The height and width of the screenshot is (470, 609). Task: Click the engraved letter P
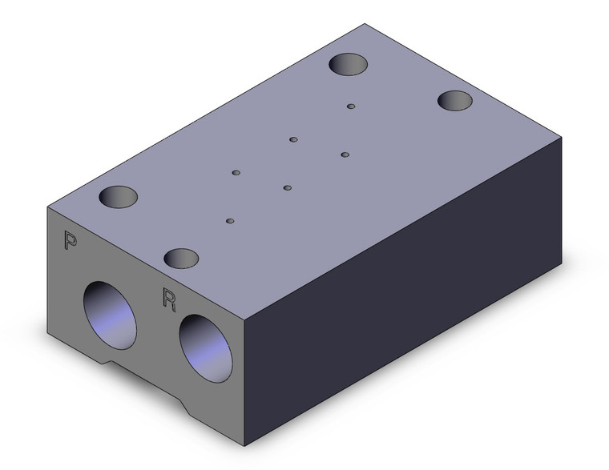tap(70, 240)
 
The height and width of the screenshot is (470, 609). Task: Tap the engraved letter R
tap(169, 299)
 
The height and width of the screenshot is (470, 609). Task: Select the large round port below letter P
tap(110, 315)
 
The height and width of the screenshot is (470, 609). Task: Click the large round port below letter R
tap(205, 348)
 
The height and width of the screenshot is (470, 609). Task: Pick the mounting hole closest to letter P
tap(119, 196)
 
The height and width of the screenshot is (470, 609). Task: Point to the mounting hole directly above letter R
tap(181, 259)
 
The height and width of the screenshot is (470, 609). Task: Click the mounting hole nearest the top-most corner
tap(348, 64)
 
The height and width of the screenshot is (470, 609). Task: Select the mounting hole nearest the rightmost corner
tap(455, 101)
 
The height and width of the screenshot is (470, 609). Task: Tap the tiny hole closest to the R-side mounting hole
tap(230, 221)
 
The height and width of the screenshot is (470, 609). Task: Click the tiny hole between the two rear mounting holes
tap(351, 106)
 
